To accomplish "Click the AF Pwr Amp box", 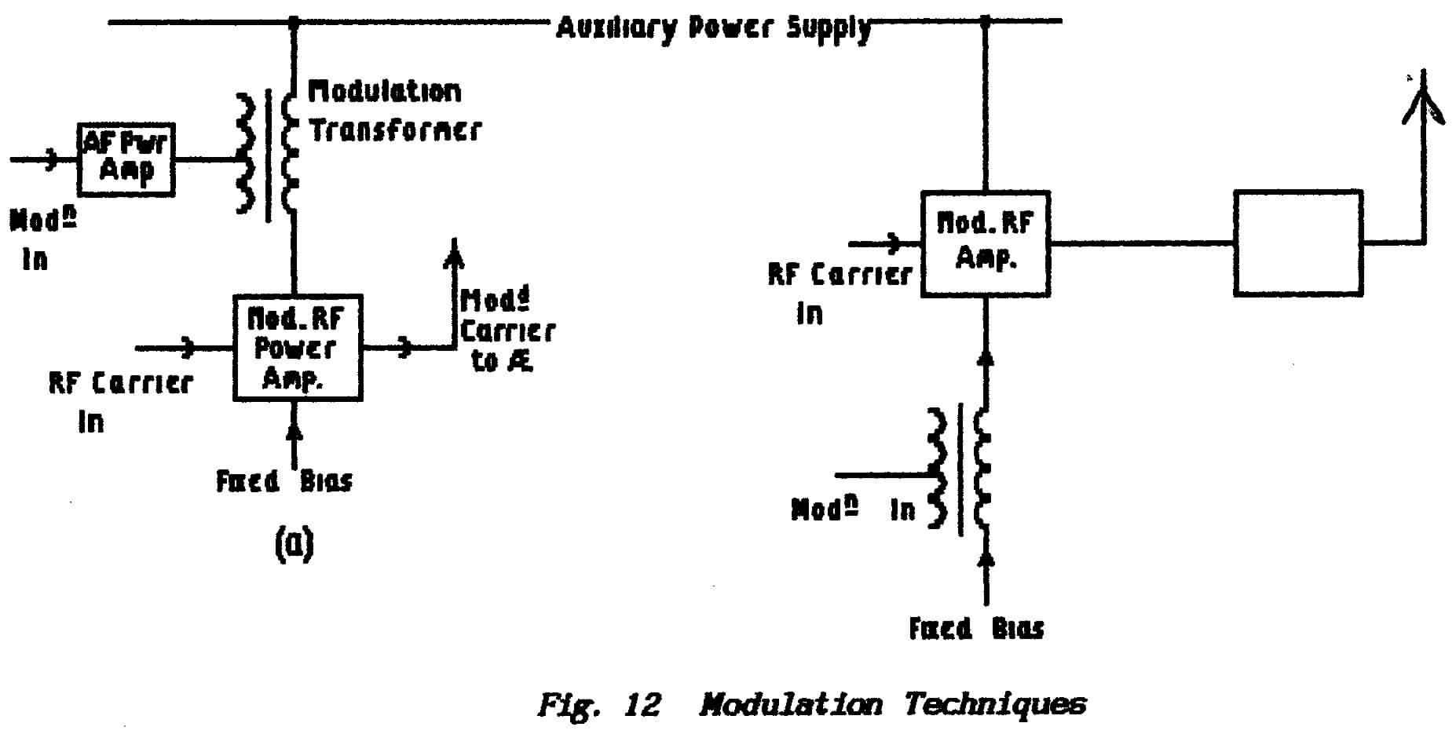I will click(126, 159).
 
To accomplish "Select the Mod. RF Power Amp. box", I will click(298, 348).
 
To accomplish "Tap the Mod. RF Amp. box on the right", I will click(985, 243).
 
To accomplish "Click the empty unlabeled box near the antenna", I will click(1297, 243).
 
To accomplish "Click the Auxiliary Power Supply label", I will click(713, 28).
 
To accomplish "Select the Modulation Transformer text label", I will click(393, 111).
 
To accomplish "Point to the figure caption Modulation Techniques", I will click(892, 703).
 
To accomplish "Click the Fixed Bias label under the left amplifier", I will click(284, 480).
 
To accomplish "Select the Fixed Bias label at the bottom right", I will click(976, 629).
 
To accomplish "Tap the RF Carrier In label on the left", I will click(119, 400).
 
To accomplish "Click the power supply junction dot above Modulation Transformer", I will click(294, 22).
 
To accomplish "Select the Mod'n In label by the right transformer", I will click(853, 509).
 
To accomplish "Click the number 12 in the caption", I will click(642, 704).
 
